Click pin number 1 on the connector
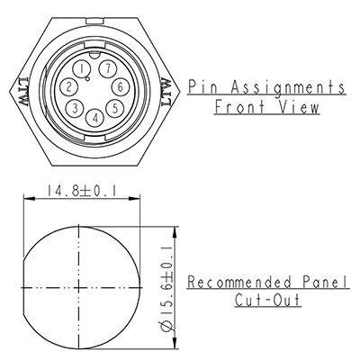pyautogui.click(x=83, y=68)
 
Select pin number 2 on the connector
pyautogui.click(x=68, y=86)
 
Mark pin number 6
pyautogui.click(x=119, y=86)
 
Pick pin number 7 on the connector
pyautogui.click(x=107, y=68)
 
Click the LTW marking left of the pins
pyautogui.click(x=22, y=93)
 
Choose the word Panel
pyautogui.click(x=325, y=283)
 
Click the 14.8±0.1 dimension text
pyautogui.click(x=80, y=189)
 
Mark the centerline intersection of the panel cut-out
pyautogui.click(x=80, y=286)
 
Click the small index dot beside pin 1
pyautogui.click(x=87, y=79)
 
